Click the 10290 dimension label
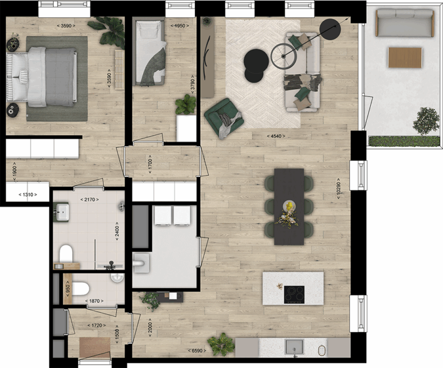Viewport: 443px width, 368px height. (339, 189)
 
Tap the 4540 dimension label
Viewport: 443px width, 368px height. (276, 136)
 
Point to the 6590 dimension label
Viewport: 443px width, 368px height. (197, 351)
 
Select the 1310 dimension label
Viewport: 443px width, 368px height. (28, 194)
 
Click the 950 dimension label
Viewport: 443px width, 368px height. (67, 288)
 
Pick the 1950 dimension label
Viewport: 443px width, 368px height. (180, 26)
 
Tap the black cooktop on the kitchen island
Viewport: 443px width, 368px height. (294, 295)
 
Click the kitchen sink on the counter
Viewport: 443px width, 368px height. (294, 347)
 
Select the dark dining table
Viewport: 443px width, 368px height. (289, 206)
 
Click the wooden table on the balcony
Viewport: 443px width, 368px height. (405, 58)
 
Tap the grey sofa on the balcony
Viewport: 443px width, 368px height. (405, 22)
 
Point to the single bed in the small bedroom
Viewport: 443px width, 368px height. (150, 52)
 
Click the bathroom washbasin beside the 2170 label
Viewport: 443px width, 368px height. (62, 212)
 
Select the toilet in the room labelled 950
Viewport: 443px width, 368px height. (81, 289)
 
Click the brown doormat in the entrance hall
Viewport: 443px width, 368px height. (95, 347)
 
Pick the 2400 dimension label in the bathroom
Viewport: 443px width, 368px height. (117, 231)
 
